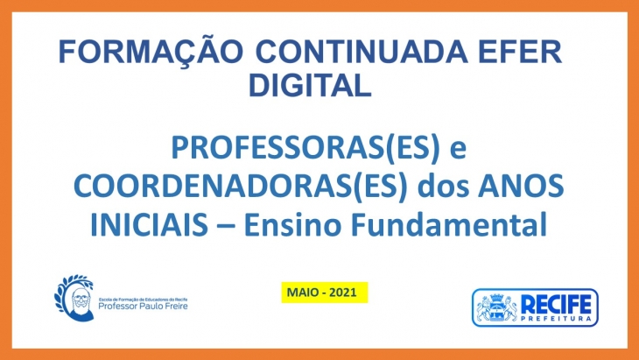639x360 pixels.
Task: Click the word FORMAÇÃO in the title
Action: click(x=151, y=52)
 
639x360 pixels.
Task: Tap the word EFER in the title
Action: click(x=521, y=52)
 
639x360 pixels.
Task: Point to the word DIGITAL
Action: click(x=310, y=85)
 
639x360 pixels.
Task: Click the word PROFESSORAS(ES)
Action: click(x=305, y=148)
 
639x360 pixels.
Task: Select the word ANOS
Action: click(x=522, y=186)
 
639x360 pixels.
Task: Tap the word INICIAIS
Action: click(x=149, y=224)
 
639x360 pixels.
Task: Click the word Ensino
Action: click(x=292, y=224)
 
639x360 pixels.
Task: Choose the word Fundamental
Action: click(x=449, y=224)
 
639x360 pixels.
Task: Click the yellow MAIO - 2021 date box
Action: click(x=325, y=293)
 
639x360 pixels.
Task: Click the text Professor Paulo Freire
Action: click(x=143, y=306)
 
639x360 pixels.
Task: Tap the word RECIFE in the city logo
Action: click(x=556, y=305)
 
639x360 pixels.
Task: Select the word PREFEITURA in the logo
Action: click(x=556, y=319)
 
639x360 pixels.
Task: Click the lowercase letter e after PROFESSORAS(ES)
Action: click(x=458, y=150)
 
